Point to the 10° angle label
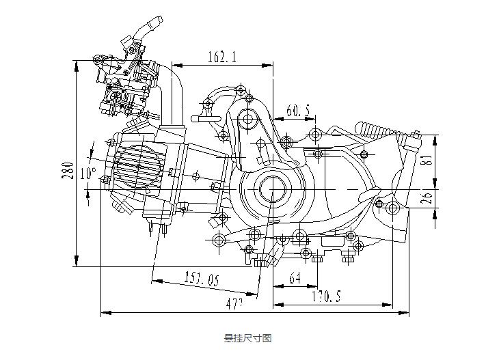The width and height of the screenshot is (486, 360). [87, 174]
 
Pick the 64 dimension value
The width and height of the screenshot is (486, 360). [295, 278]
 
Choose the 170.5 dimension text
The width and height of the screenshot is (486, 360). [326, 296]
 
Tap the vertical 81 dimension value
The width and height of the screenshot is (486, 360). [424, 161]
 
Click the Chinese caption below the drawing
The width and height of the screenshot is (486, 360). [248, 338]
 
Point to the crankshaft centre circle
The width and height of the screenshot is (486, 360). [272, 188]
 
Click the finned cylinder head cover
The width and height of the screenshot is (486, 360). [139, 168]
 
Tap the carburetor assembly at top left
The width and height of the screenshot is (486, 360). [126, 79]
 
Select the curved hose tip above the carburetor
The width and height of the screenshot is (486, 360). [152, 25]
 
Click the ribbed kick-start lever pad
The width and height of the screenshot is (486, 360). [375, 128]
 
